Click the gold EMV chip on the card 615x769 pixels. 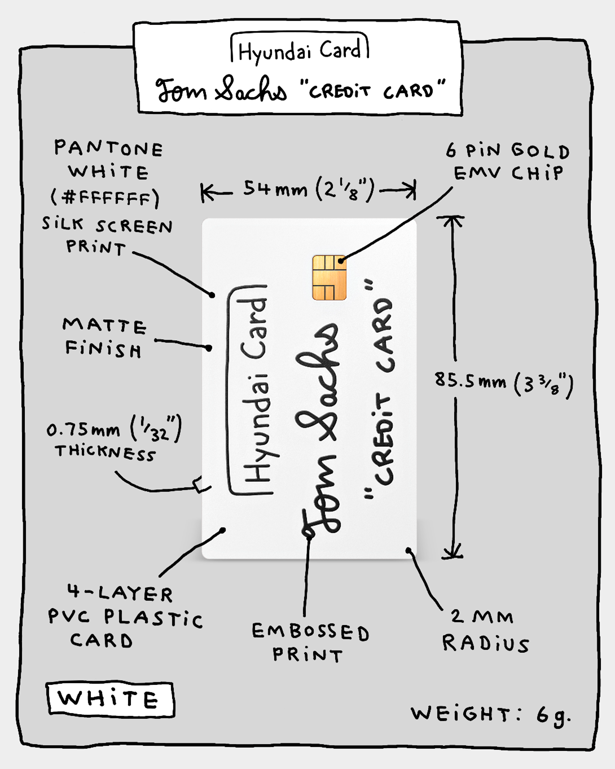coord(330,277)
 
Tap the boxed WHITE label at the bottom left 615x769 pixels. coord(109,700)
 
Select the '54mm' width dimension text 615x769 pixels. coord(275,188)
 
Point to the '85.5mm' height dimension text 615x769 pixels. coord(470,381)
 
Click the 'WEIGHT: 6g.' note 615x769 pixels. coord(490,714)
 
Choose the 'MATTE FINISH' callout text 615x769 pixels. coord(104,337)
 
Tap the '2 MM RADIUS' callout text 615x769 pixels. coord(486,630)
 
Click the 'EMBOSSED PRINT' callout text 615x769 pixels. coord(310,643)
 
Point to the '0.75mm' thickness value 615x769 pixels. coord(83,430)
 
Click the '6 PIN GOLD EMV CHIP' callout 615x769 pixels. coord(508,161)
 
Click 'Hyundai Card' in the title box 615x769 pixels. coord(299,50)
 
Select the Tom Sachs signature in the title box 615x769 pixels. coord(221,90)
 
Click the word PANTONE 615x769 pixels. coord(108,148)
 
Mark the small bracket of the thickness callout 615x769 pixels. coord(200,485)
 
